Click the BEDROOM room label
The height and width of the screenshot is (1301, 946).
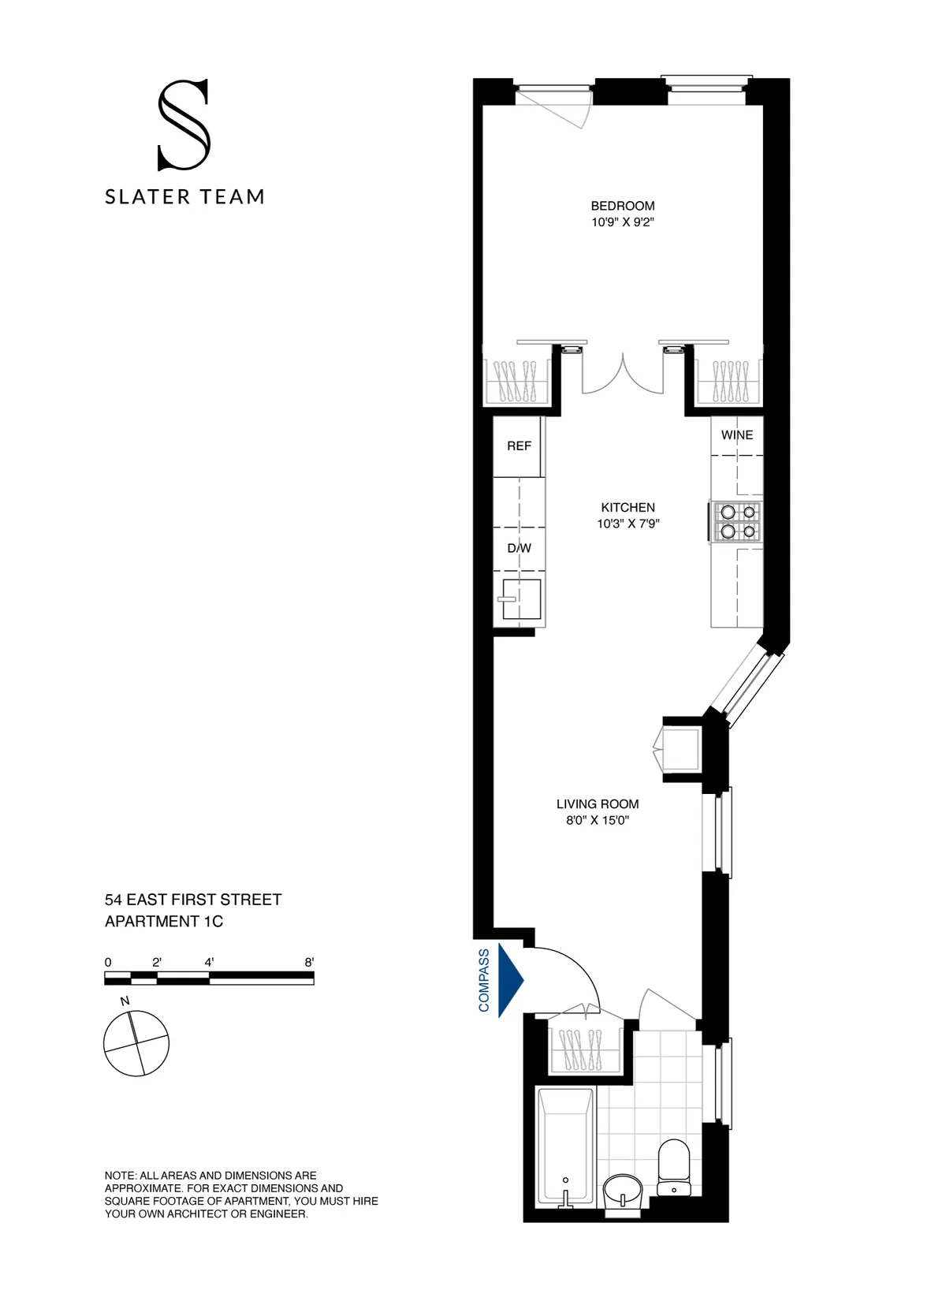[622, 206]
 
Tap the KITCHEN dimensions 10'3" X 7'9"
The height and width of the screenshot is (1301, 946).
[628, 524]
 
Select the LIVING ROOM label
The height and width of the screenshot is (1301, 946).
[597, 804]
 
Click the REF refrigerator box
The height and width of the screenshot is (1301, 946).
[518, 447]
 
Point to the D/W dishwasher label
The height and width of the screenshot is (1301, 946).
[519, 548]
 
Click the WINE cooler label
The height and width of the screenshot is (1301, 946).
[736, 435]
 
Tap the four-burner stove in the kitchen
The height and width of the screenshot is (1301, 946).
[736, 522]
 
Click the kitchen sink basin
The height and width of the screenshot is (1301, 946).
[522, 599]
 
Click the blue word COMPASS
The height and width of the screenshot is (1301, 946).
[484, 980]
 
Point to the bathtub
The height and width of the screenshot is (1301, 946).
[564, 1147]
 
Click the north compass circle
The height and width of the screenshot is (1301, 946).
[136, 1043]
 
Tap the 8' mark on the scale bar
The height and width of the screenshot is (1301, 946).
[309, 963]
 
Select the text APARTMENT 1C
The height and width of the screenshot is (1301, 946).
[164, 922]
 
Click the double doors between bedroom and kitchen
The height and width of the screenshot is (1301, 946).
[623, 375]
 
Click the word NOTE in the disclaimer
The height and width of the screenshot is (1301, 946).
[120, 1176]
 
